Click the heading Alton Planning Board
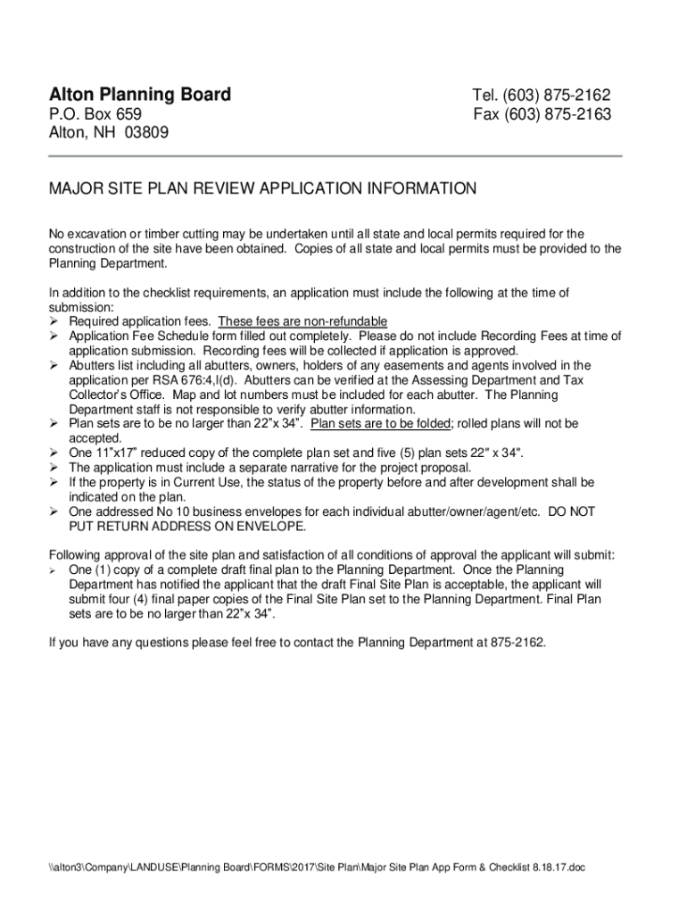tap(139, 95)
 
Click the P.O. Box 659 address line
tap(94, 115)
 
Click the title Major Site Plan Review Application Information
tap(262, 189)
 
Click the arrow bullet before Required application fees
tap(54, 321)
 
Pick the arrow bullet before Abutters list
tap(54, 366)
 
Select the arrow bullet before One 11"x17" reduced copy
tap(54, 453)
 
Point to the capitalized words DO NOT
tap(571, 512)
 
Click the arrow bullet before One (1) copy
tap(54, 570)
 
